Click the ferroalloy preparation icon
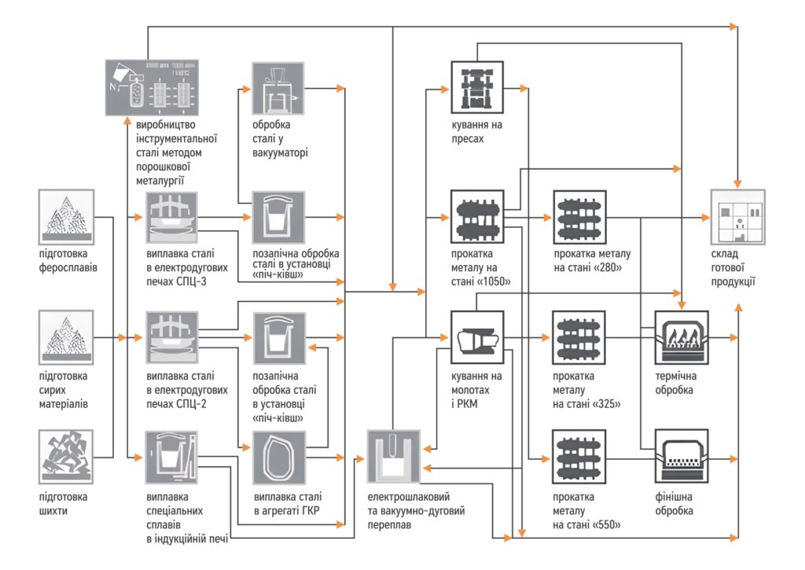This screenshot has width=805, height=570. (66, 216)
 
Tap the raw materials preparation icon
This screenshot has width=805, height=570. (66, 336)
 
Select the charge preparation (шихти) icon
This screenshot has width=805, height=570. (66, 456)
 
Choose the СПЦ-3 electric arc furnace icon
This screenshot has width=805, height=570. (171, 218)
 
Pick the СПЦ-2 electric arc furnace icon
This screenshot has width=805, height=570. (171, 337)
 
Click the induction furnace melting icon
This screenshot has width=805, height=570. (171, 457)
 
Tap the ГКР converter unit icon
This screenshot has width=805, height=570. (278, 457)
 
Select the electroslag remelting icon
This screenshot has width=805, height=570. (395, 456)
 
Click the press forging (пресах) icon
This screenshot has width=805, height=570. (477, 86)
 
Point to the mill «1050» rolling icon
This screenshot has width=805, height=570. (477, 216)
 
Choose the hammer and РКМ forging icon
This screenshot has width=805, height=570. (477, 337)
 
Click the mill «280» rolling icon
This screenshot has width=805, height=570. (579, 216)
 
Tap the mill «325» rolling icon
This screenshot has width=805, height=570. (579, 337)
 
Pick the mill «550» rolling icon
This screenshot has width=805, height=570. (579, 456)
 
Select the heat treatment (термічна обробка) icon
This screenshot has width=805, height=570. (682, 337)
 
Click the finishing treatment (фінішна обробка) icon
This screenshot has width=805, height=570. (682, 456)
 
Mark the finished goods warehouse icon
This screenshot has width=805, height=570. (737, 216)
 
